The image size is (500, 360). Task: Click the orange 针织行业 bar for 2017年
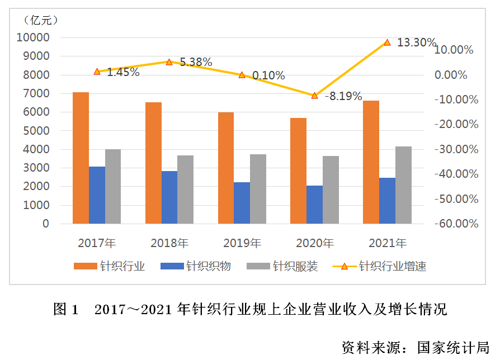(81, 158)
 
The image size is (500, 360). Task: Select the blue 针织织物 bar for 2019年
(242, 203)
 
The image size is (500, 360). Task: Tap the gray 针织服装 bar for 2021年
(403, 185)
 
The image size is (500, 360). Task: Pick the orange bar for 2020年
(298, 170)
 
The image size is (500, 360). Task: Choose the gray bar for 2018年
(186, 190)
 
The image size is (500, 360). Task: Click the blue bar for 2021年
(387, 201)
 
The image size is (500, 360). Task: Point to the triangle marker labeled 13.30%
(387, 42)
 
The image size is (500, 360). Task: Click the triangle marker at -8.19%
(314, 96)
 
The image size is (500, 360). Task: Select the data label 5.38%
(196, 62)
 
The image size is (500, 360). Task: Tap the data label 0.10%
(268, 75)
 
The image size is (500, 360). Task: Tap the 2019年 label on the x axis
(242, 243)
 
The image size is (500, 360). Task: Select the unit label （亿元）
(39, 21)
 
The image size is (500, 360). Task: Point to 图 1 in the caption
(67, 309)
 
